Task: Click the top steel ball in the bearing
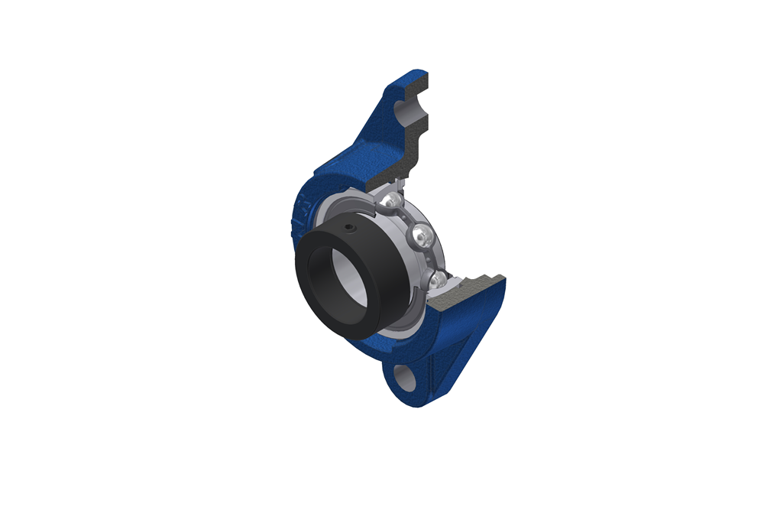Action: pyautogui.click(x=392, y=201)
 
